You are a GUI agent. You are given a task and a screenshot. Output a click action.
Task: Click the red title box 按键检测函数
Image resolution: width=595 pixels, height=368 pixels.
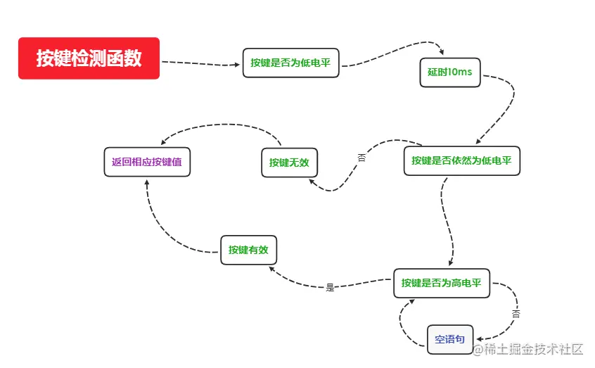click(x=89, y=58)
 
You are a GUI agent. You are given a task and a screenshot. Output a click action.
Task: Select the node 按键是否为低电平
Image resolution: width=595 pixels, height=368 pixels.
click(x=290, y=63)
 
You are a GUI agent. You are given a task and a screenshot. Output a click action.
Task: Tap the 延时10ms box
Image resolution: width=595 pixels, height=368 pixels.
click(x=449, y=72)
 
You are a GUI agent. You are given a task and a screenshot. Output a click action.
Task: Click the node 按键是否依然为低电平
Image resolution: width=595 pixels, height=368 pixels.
click(x=461, y=160)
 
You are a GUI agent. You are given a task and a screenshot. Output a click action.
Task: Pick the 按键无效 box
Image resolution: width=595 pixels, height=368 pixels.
click(x=288, y=163)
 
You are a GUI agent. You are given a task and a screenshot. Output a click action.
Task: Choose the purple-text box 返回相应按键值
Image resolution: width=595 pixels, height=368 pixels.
click(x=146, y=161)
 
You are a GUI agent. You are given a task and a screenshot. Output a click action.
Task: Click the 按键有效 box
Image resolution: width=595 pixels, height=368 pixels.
click(x=248, y=250)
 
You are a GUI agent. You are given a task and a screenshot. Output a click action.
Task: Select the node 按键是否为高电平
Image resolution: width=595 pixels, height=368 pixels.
click(x=441, y=283)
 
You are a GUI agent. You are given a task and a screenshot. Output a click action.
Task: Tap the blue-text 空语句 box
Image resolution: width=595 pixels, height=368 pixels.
click(x=450, y=339)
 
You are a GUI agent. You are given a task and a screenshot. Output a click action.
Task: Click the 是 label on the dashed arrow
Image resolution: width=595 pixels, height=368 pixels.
click(x=330, y=287)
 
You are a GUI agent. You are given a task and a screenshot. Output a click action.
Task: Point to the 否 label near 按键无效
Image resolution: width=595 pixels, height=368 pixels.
click(x=362, y=158)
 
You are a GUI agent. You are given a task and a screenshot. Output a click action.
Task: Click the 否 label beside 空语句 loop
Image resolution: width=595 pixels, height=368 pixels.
click(x=516, y=313)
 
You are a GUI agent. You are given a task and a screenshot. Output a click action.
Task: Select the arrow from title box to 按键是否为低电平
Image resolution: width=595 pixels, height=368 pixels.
click(x=200, y=63)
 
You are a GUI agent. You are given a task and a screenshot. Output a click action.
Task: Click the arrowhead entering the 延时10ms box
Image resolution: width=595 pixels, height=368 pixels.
click(x=442, y=52)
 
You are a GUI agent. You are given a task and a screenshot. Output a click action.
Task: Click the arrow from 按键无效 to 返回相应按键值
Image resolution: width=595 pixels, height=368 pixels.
click(x=218, y=127)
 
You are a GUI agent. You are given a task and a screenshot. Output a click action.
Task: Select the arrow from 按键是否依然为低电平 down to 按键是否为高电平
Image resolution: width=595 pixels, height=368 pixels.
click(x=447, y=218)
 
